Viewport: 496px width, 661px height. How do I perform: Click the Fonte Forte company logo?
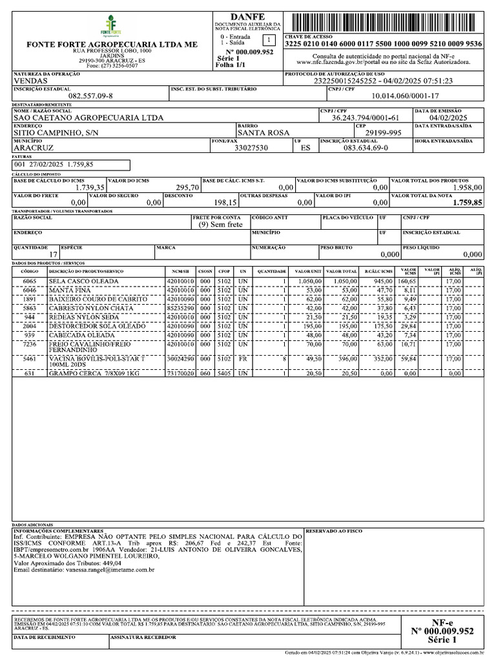pyautogui.click(x=111, y=26)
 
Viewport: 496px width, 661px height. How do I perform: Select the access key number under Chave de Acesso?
pyautogui.click(x=383, y=45)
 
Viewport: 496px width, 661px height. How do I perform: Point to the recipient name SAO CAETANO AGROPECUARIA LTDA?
pyautogui.click(x=88, y=118)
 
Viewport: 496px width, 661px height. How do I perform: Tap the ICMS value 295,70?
pyautogui.click(x=180, y=187)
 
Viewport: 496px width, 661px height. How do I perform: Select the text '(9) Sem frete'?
pyautogui.click(x=220, y=225)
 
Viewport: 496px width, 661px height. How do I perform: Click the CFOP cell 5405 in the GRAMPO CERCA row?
pyautogui.click(x=224, y=373)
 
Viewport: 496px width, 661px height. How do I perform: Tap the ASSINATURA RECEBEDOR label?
pyautogui.click(x=143, y=637)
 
